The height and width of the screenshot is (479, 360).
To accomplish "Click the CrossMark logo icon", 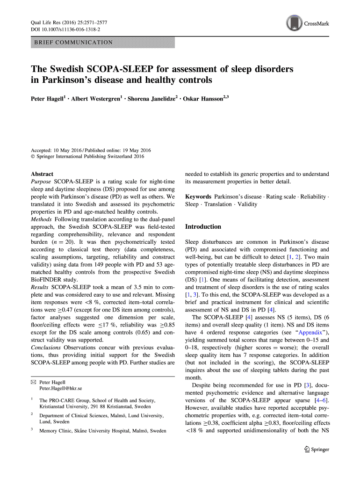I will [x=294, y=23].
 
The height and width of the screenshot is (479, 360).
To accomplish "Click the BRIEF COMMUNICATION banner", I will [x=103, y=43].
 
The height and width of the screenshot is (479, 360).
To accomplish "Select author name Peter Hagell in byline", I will [x=47, y=99].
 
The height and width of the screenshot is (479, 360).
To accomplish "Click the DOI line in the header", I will [x=65, y=29].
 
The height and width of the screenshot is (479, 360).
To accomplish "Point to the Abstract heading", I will [x=42, y=174].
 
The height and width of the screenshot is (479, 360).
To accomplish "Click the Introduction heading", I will [x=203, y=227].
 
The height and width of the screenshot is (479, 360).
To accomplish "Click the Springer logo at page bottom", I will [x=317, y=450].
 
